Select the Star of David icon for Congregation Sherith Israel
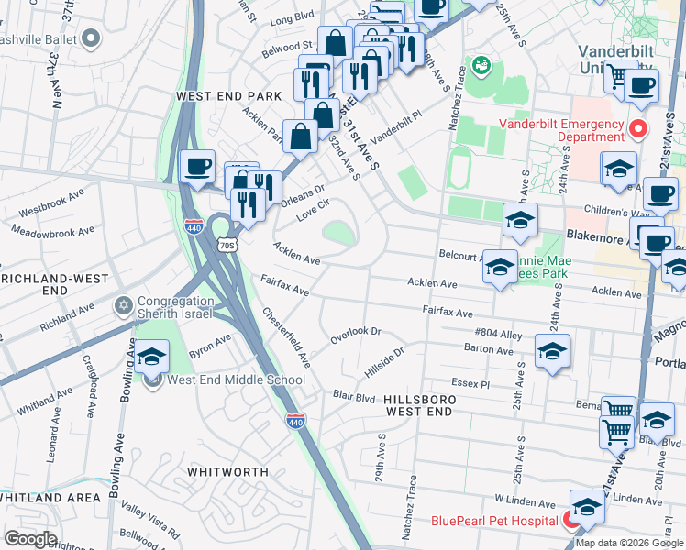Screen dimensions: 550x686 tap(125, 304)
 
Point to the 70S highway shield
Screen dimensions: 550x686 tap(227, 246)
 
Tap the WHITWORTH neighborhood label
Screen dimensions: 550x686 tap(227, 471)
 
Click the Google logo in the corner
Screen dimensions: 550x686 tap(30, 538)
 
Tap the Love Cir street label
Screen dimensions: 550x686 tap(312, 211)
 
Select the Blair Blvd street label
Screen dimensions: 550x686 tap(354, 397)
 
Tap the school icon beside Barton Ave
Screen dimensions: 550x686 tap(552, 351)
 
